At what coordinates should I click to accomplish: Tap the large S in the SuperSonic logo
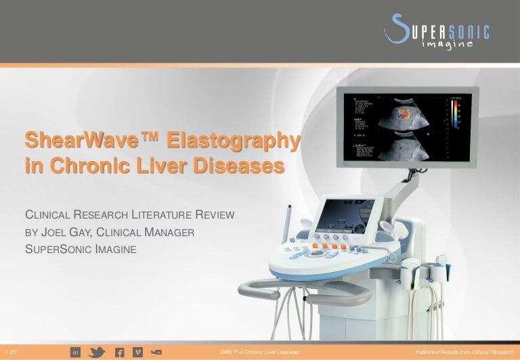397,30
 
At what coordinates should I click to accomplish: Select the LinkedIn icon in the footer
76,351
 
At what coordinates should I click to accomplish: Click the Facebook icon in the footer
118,351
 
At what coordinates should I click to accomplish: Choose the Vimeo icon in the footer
138,351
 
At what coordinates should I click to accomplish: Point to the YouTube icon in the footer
156,351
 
